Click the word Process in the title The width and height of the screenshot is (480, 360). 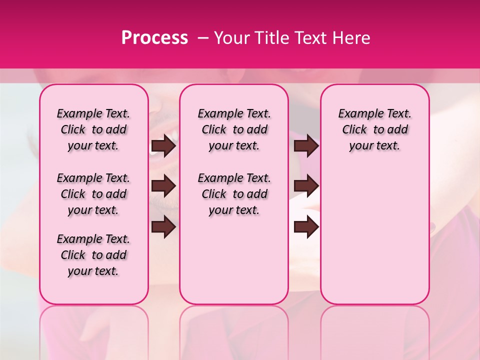[x=154, y=38]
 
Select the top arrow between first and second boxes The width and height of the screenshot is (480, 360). [x=163, y=146]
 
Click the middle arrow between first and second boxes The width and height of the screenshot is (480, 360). [x=163, y=186]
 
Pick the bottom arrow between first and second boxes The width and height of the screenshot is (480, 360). [x=163, y=227]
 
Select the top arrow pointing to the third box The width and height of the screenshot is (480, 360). [x=306, y=146]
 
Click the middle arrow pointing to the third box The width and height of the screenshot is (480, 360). [x=306, y=186]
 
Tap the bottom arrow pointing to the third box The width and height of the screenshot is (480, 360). [x=306, y=227]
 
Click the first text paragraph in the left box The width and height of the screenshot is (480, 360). [x=93, y=129]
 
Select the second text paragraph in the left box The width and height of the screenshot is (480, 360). [x=93, y=194]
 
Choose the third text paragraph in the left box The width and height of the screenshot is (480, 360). [x=93, y=255]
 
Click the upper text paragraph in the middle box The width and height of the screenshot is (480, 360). [x=234, y=129]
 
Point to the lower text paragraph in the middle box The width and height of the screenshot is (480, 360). [x=234, y=194]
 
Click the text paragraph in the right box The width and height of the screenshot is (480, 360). [x=374, y=129]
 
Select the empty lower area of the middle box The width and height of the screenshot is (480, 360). [x=234, y=260]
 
